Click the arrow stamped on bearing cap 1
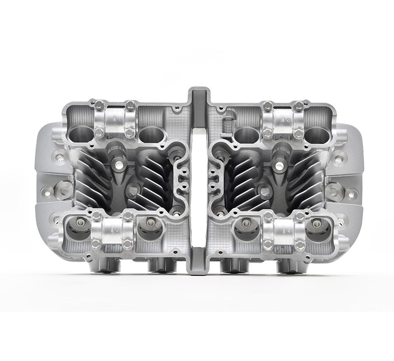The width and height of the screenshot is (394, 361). (x=115, y=119)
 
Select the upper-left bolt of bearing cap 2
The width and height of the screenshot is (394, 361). (x=267, y=105)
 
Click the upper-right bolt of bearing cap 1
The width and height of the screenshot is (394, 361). (x=131, y=105)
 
